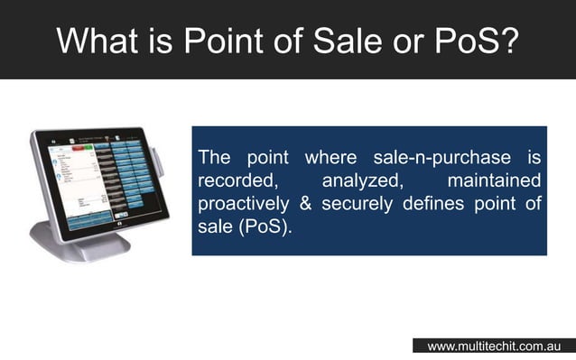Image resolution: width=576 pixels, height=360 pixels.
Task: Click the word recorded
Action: pyautogui.click(x=237, y=181)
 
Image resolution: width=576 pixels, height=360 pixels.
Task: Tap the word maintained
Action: pyautogui.click(x=494, y=181)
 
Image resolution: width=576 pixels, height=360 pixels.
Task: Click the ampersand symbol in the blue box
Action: pyautogui.click(x=305, y=204)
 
